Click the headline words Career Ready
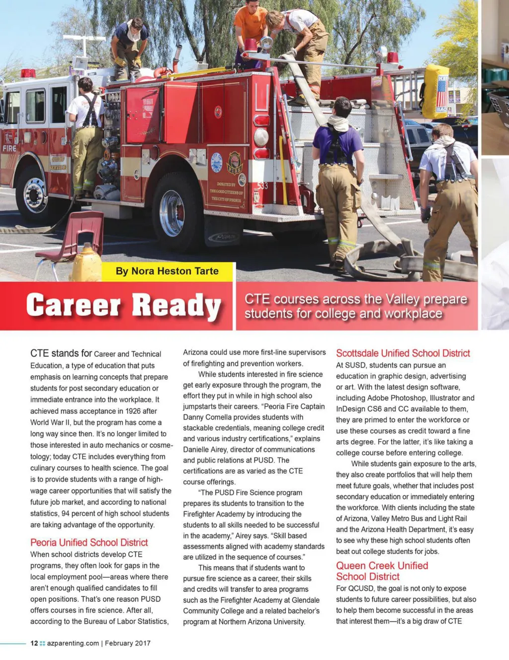(x=123, y=306)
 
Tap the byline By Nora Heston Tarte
(x=167, y=271)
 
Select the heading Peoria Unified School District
(x=89, y=542)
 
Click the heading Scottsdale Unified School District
(x=403, y=353)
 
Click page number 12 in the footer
(x=34, y=643)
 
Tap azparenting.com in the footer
(x=73, y=643)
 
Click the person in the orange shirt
(x=251, y=27)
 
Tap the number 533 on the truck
(x=262, y=186)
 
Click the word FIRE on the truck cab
(x=9, y=148)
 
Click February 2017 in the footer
(x=127, y=643)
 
